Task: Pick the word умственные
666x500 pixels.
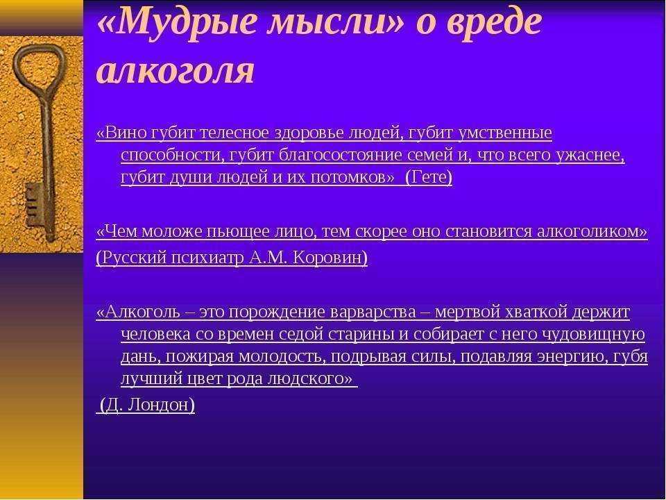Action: pyautogui.click(x=505, y=133)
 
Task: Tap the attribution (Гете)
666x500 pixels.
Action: pyautogui.click(x=429, y=177)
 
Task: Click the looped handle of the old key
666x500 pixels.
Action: pyautogui.click(x=39, y=63)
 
